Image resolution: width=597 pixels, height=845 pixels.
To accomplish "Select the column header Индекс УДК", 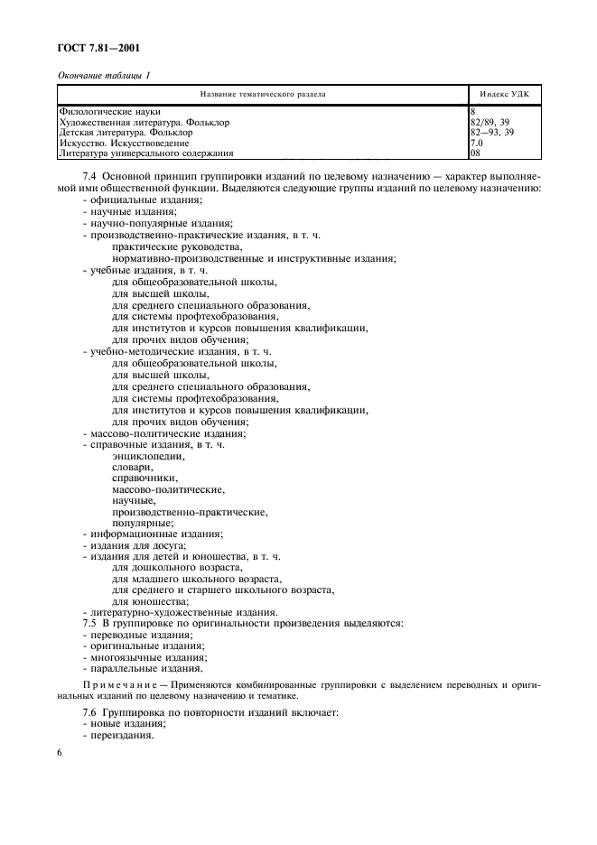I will click(506, 93).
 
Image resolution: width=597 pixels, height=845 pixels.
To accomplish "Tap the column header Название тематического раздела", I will click(263, 93).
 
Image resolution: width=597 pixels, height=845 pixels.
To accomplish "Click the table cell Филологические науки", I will click(109, 111).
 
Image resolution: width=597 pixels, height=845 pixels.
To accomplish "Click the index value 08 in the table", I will click(477, 153).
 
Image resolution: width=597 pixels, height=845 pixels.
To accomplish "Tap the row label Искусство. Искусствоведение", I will click(125, 143).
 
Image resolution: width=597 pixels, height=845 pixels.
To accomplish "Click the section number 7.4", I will click(90, 175).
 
